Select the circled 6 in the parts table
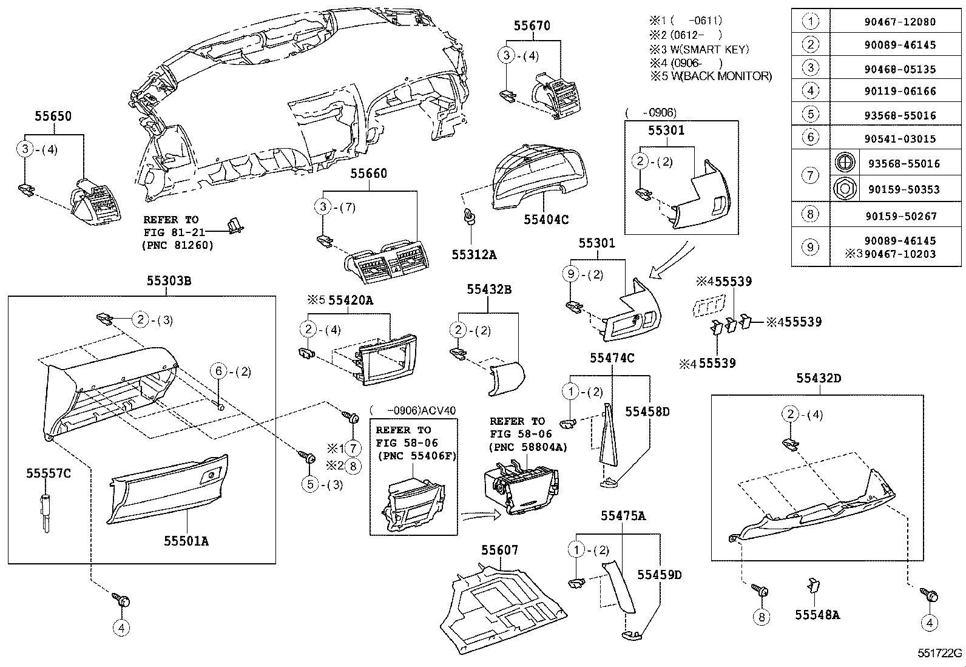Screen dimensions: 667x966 pyautogui.click(x=811, y=137)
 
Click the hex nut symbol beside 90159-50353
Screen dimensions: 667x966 pyautogui.click(x=845, y=189)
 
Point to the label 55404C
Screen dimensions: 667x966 pyautogui.click(x=546, y=220)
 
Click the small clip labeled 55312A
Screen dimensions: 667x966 pyautogui.click(x=468, y=217)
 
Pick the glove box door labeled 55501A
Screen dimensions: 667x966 pyautogui.click(x=167, y=488)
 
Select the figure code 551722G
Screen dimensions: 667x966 pyautogui.click(x=939, y=653)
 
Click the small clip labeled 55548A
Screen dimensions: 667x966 pyautogui.click(x=813, y=586)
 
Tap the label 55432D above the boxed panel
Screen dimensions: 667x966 pyautogui.click(x=818, y=378)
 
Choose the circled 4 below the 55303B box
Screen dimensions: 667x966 pyautogui.click(x=121, y=628)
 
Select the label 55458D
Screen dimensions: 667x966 pyautogui.click(x=647, y=411)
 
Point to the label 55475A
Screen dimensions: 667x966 pyautogui.click(x=623, y=516)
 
